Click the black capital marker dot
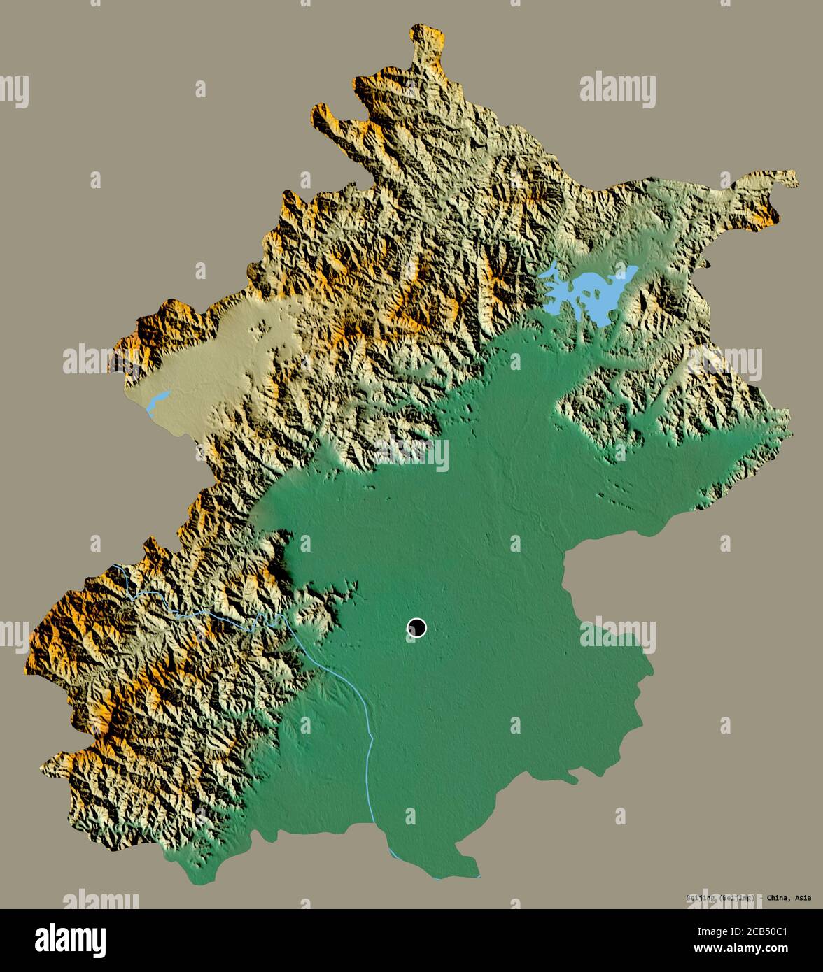tap(416, 628)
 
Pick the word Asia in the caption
tap(803, 898)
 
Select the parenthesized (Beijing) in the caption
tap(735, 898)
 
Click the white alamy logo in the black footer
tap(70, 939)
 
